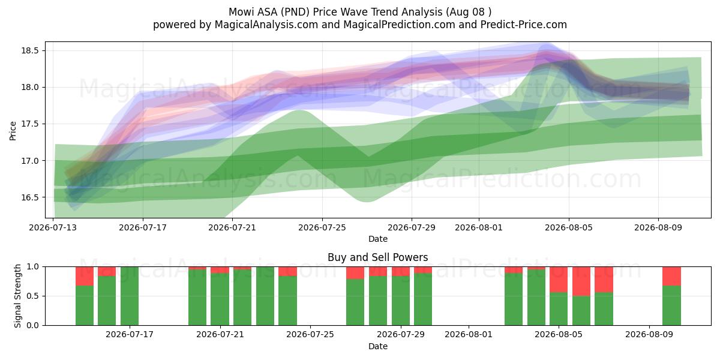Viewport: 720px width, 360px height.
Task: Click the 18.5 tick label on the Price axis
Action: point(30,50)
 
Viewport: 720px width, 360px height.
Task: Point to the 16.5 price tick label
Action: point(30,197)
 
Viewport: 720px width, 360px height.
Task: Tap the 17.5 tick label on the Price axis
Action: point(30,124)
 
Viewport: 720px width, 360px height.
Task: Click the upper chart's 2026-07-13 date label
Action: point(53,227)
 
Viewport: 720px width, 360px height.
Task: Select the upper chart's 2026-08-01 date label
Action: point(479,227)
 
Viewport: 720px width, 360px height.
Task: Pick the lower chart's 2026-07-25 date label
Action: point(310,335)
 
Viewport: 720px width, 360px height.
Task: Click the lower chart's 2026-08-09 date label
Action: point(649,335)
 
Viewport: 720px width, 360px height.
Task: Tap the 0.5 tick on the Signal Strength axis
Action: point(32,296)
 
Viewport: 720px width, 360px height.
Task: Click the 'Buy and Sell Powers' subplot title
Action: point(377,257)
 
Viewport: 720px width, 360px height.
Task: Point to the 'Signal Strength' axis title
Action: point(17,296)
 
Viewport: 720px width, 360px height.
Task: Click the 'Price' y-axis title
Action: point(13,131)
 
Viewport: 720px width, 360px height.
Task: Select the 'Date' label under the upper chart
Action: point(377,239)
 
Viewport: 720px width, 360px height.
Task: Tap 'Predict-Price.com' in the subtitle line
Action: point(524,25)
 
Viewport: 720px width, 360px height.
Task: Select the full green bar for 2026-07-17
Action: point(130,296)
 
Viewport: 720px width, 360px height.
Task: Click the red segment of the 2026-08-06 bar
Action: point(581,281)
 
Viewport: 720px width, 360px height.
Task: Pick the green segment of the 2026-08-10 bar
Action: point(671,305)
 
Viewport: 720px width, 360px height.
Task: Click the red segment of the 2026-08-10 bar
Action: point(671,276)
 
